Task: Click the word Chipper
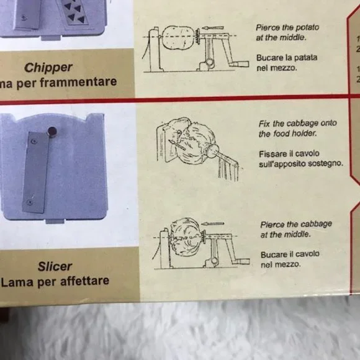point(48,68)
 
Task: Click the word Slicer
point(55,266)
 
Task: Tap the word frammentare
point(78,81)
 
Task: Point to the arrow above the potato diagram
point(213,28)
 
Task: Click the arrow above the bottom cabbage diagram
point(213,223)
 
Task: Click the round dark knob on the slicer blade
point(52,131)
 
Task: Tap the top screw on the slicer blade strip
point(34,142)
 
